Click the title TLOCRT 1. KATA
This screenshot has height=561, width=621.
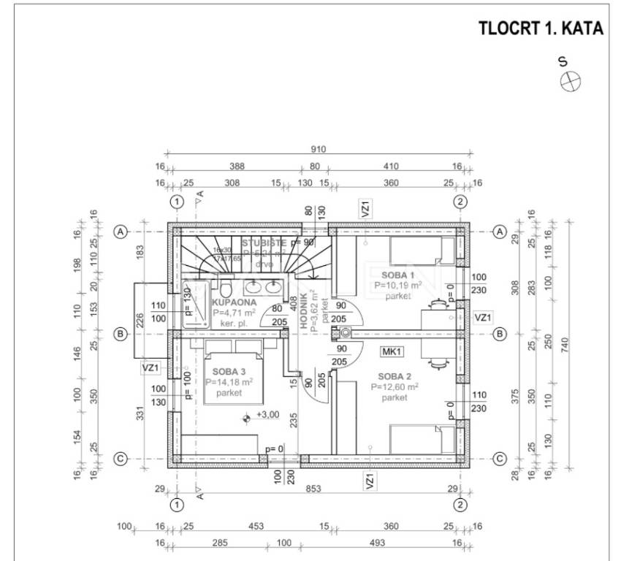[x=540, y=28]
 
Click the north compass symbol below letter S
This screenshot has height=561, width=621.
[x=569, y=83]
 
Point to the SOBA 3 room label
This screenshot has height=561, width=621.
[x=224, y=371]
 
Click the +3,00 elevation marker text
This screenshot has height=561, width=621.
[x=266, y=416]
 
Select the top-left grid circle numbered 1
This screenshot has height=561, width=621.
[x=175, y=202]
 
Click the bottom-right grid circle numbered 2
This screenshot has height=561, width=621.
[x=460, y=504]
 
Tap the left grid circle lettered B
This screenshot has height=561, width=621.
[x=121, y=334]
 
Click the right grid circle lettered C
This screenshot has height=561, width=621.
[x=500, y=459]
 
